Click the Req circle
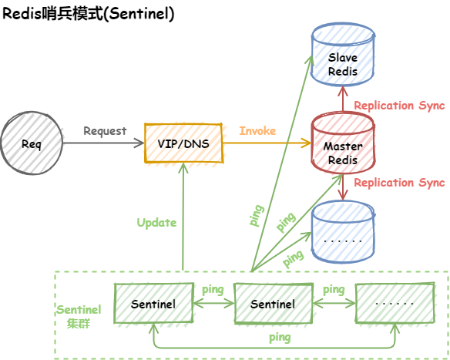pos(32,144)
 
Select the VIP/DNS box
pos(184,144)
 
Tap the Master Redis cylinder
pos(343,146)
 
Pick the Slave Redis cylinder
pos(343,59)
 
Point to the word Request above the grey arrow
pos(105,131)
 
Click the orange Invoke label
pos(257,131)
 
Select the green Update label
pos(156,223)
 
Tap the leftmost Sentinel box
pos(153,304)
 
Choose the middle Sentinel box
pos(272,304)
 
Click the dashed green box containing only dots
pos(394,304)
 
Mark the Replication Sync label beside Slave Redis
pos(399,106)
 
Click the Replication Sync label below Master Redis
pos(399,183)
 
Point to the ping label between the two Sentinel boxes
pos(213,290)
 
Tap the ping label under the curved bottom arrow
pos(280,337)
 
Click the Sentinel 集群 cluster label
pos(78,316)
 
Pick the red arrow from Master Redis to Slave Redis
pos(343,99)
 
